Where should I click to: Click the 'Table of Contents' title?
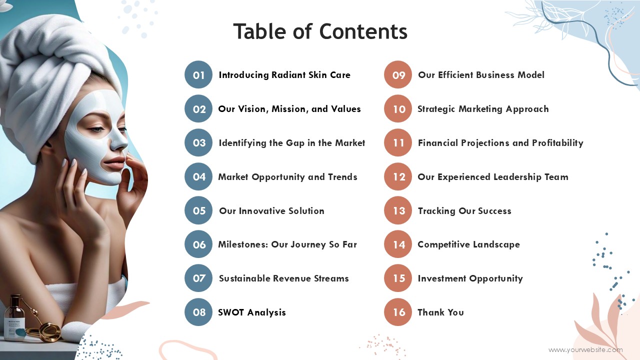tap(320, 31)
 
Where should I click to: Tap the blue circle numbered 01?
tap(198, 74)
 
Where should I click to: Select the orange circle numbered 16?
tap(398, 312)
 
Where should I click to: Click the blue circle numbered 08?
tap(198, 312)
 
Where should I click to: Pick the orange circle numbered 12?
tap(398, 176)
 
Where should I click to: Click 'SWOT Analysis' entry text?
tap(251, 312)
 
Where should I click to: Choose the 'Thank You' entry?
tap(440, 312)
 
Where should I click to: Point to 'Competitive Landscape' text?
tap(468, 244)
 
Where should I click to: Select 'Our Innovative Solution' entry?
tap(271, 211)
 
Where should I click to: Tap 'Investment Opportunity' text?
tap(470, 278)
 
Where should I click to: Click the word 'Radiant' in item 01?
tap(288, 75)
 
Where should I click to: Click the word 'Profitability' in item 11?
tap(557, 143)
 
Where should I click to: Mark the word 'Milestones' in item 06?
tap(243, 244)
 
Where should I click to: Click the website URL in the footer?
tap(585, 349)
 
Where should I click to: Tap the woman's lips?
tap(115, 163)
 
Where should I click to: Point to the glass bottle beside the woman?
tap(14, 317)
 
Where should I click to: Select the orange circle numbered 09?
tap(398, 74)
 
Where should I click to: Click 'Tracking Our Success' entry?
tap(464, 211)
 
